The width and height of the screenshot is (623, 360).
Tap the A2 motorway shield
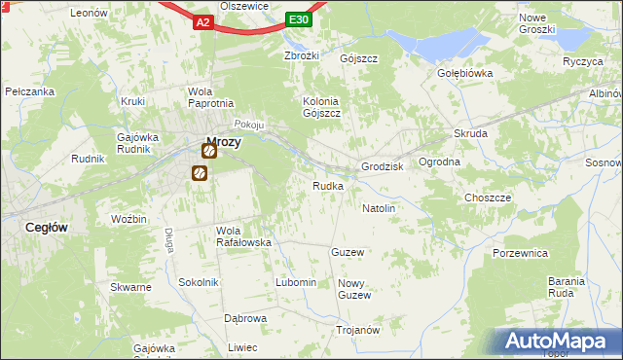click(x=202, y=21)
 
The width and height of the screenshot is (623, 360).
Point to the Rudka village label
click(x=327, y=186)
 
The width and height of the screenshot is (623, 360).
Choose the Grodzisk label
click(x=382, y=166)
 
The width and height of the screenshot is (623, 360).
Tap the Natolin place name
click(x=379, y=208)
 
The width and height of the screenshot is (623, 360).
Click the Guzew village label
click(x=348, y=252)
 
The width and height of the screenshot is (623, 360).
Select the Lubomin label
click(x=296, y=282)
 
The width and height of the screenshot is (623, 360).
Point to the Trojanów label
click(x=357, y=330)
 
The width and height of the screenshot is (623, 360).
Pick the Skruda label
click(x=470, y=133)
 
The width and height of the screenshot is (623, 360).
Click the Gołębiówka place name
click(x=464, y=73)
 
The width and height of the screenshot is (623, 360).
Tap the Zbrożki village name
click(x=302, y=54)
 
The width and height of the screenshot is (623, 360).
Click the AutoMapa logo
click(x=559, y=342)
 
